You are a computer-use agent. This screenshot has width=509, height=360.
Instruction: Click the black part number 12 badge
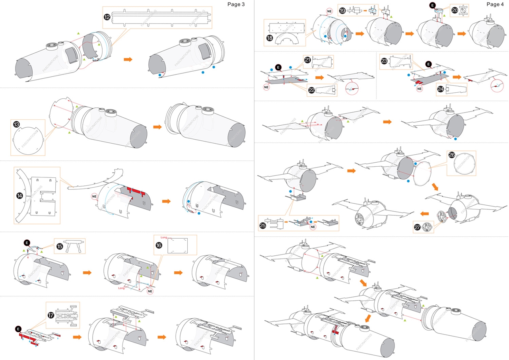(x=107, y=17)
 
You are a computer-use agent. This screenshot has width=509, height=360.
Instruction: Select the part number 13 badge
(x=16, y=125)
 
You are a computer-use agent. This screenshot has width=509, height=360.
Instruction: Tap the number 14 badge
(x=19, y=196)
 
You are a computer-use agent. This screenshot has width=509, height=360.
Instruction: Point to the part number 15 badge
(x=59, y=246)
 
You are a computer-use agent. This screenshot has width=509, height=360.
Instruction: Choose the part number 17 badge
(x=51, y=315)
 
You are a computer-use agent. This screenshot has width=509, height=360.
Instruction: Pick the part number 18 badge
(x=270, y=38)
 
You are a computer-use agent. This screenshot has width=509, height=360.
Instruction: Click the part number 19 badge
(x=342, y=10)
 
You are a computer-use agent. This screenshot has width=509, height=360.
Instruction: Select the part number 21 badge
(x=307, y=60)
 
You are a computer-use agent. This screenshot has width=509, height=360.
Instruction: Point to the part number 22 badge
(x=311, y=90)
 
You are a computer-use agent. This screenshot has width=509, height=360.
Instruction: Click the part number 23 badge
(x=384, y=61)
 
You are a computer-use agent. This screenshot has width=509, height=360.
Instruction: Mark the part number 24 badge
(x=440, y=89)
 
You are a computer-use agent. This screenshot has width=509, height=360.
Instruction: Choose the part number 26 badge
(x=452, y=155)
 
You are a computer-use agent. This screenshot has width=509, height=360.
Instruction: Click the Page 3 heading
(x=236, y=4)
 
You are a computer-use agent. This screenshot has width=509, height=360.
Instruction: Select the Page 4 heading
(x=495, y=4)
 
